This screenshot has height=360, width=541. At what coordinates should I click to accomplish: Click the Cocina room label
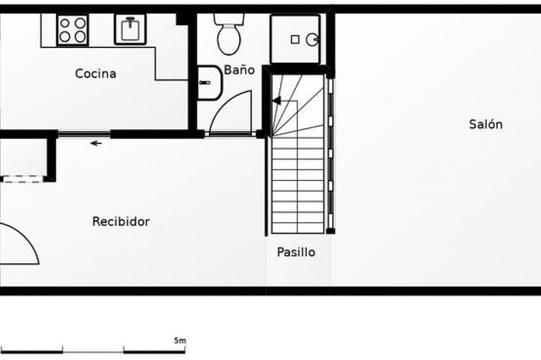pyautogui.click(x=96, y=74)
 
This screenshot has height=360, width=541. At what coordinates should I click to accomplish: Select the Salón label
pyautogui.click(x=486, y=124)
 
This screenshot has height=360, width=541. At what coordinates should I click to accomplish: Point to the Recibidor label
pyautogui.click(x=121, y=221)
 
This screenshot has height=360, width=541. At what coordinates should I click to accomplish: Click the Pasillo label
pyautogui.click(x=296, y=252)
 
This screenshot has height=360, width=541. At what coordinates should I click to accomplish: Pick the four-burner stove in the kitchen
pyautogui.click(x=72, y=30)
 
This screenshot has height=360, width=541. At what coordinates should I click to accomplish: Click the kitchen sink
pyautogui.click(x=130, y=29)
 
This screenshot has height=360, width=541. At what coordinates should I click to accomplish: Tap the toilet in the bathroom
pyautogui.click(x=229, y=34)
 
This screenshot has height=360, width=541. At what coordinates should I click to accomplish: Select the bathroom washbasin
pyautogui.click(x=209, y=83)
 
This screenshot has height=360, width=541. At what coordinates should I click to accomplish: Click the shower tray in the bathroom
pyautogui.click(x=295, y=39)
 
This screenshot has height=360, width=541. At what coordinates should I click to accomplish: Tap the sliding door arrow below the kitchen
pyautogui.click(x=96, y=143)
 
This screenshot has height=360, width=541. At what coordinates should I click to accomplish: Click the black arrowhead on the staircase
pyautogui.click(x=276, y=101)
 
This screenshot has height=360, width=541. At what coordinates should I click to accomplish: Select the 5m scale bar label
pyautogui.click(x=180, y=341)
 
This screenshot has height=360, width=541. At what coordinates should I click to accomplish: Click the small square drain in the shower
pyautogui.click(x=295, y=39)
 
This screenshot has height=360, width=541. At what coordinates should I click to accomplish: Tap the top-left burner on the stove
pyautogui.click(x=65, y=23)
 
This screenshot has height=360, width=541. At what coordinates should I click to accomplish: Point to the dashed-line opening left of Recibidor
pyautogui.click(x=23, y=179)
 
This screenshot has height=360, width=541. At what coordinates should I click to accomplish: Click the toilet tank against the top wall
pyautogui.click(x=229, y=18)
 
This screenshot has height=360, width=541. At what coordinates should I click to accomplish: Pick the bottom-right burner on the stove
pyautogui.click(x=80, y=37)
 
